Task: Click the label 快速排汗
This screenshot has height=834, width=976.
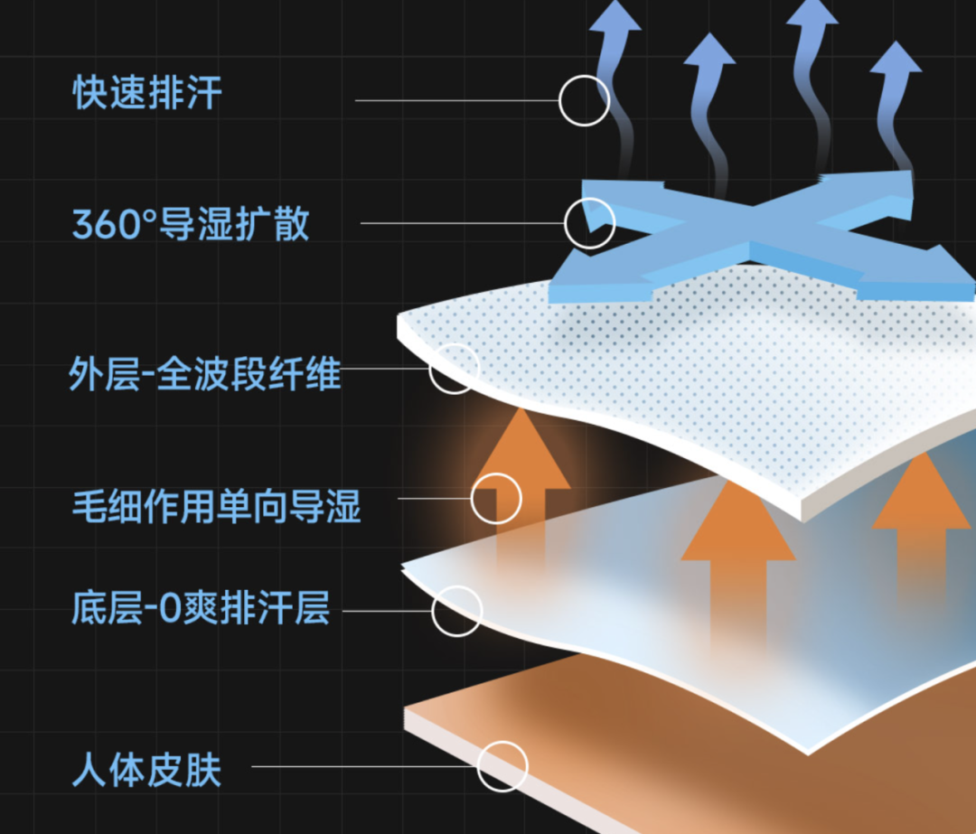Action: click(x=147, y=93)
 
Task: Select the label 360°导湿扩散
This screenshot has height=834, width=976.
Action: click(x=191, y=224)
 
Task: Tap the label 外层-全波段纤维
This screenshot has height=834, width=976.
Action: click(x=205, y=374)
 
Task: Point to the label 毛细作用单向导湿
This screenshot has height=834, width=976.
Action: click(x=217, y=506)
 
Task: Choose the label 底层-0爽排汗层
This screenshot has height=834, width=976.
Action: click(x=201, y=608)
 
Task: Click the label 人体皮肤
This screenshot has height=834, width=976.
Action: click(x=147, y=770)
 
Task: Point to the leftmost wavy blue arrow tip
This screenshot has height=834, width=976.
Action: click(x=615, y=2)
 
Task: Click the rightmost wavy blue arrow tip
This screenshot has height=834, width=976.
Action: click(x=896, y=42)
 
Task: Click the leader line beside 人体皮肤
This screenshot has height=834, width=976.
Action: click(x=364, y=766)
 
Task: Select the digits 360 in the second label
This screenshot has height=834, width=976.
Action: click(x=107, y=225)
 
